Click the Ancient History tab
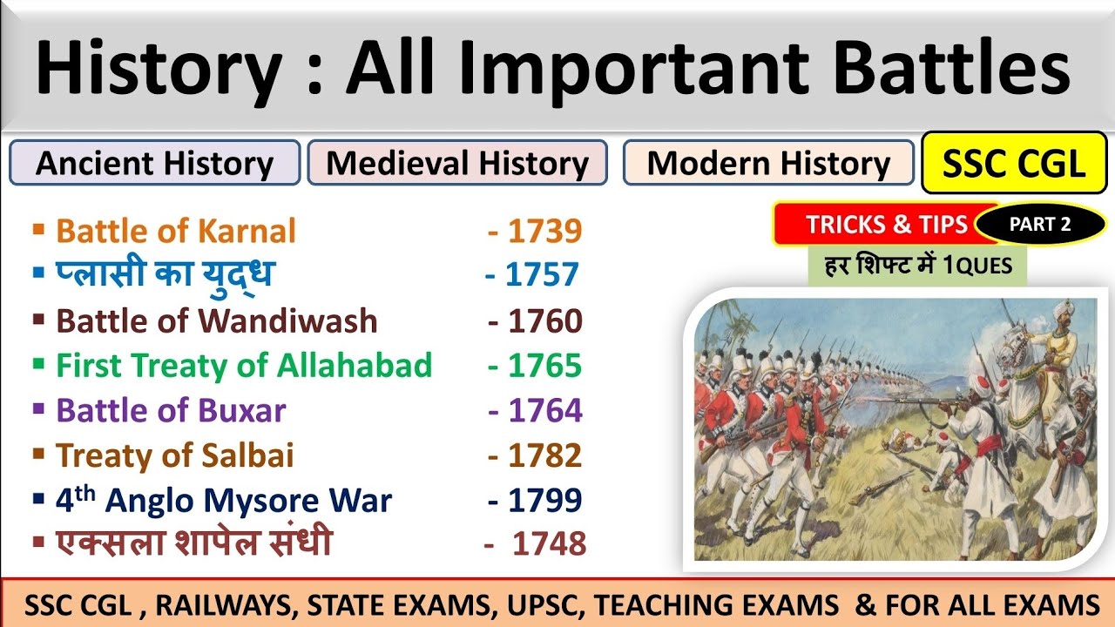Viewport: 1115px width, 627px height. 154,163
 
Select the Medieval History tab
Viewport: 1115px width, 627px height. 457,163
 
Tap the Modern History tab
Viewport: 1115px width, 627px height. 768,163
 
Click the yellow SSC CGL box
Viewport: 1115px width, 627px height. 1014,162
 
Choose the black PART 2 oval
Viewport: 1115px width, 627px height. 1040,225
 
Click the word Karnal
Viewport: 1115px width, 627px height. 247,231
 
